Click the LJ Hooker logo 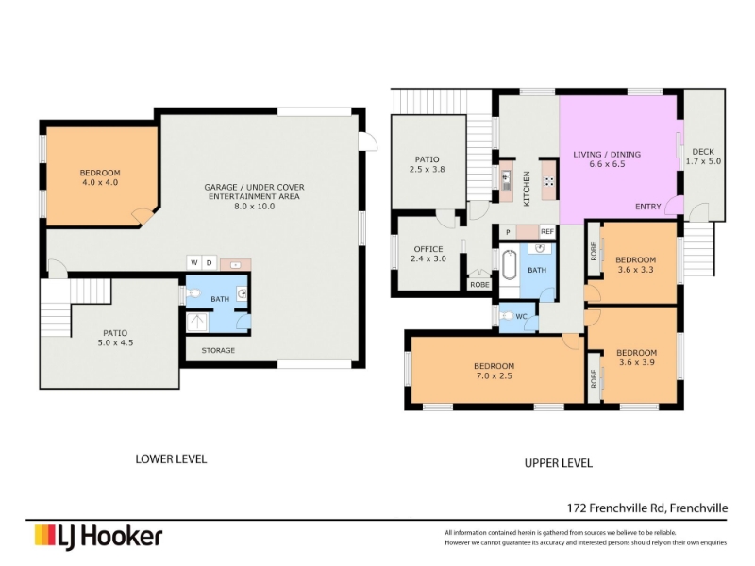[x=98, y=537]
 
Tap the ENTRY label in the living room [x=647, y=207]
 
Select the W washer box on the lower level [x=194, y=262]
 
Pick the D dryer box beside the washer [x=210, y=262]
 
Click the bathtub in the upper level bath [x=509, y=265]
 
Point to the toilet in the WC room [x=507, y=316]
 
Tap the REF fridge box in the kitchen [x=547, y=232]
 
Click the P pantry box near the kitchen [x=508, y=232]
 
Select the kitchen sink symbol [x=506, y=180]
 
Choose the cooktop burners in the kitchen [x=548, y=181]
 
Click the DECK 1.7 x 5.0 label [x=703, y=157]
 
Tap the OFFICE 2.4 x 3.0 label [x=428, y=254]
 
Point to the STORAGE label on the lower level [x=218, y=350]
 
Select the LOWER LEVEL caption [x=171, y=459]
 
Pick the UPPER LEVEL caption [x=559, y=463]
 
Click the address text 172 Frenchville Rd [x=616, y=508]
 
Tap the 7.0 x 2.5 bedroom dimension [x=494, y=375]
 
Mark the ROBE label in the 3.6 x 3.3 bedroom [x=594, y=251]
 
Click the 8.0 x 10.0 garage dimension [x=254, y=206]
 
